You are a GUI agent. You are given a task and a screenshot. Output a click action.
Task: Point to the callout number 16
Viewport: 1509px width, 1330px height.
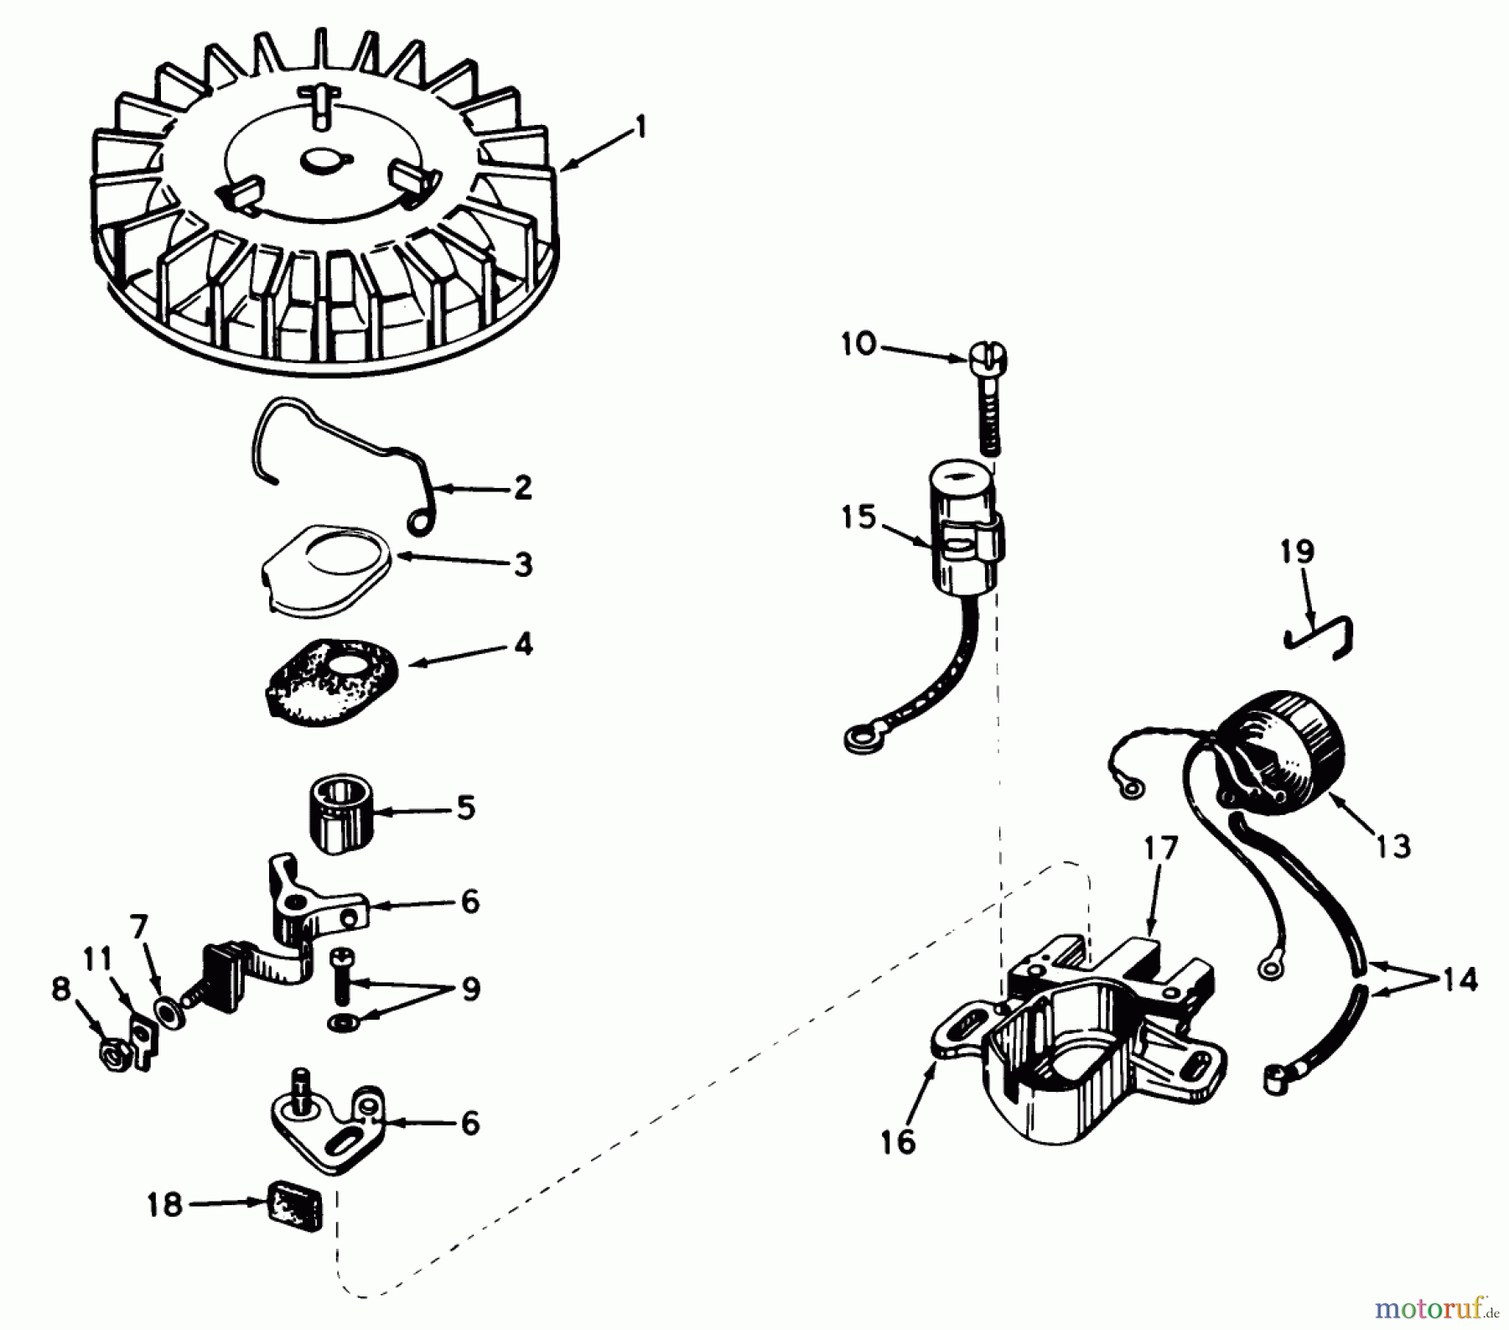898,1141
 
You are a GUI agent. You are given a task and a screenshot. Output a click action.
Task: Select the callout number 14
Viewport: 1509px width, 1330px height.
1460,979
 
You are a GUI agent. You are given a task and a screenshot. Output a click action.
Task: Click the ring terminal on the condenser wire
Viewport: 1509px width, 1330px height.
856,737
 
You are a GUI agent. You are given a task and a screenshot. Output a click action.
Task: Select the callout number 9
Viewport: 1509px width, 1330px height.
470,989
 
